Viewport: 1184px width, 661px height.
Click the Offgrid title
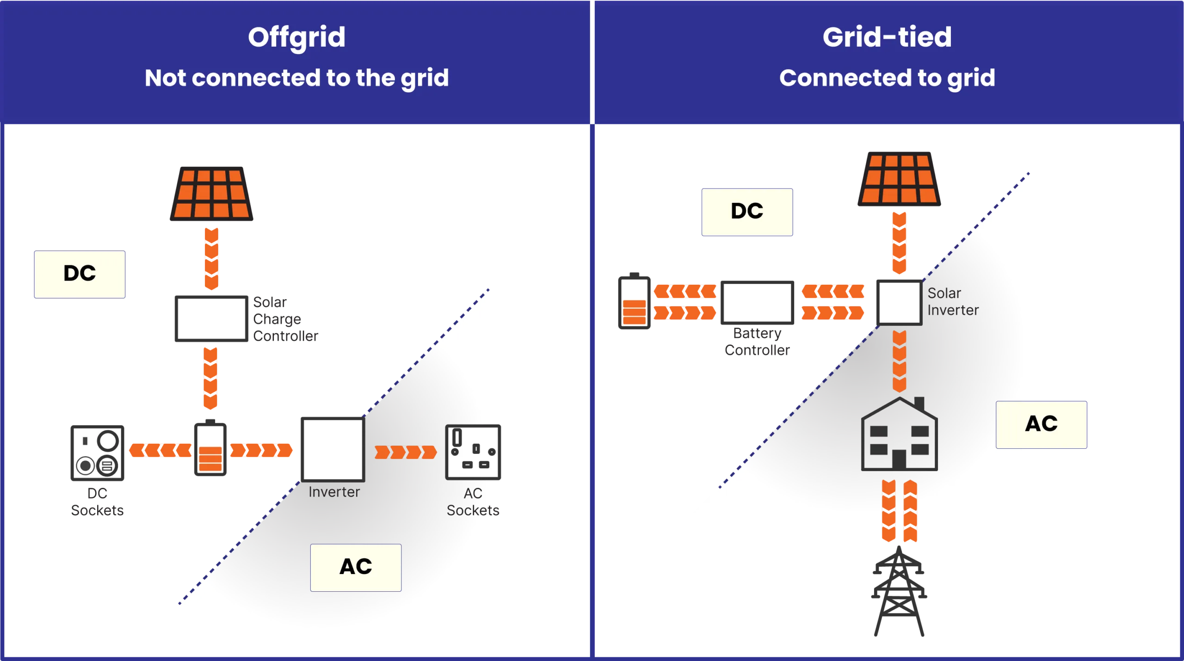coord(296,37)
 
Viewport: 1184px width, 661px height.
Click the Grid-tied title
coord(887,37)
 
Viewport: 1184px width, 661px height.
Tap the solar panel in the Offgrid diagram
coord(211,192)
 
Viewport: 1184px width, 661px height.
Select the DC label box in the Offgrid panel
coord(80,274)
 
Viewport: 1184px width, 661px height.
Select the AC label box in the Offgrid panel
coord(356,567)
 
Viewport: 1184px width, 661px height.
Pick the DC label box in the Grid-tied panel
coord(747,211)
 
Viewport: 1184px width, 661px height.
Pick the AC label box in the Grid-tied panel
coord(1041,424)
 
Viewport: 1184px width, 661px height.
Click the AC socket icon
coord(474,452)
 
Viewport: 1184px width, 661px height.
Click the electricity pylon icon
coord(899,594)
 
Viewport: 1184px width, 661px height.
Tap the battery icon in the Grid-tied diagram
coord(634,302)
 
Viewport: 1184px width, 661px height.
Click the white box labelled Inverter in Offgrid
coord(333,449)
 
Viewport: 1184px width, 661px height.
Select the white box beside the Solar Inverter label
coord(899,302)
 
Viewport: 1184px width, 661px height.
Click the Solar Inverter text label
coord(953,302)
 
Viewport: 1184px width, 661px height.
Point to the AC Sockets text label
coord(473,502)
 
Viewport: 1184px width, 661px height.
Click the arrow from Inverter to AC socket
coord(405,452)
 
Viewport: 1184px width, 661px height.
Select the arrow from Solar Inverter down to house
coord(899,361)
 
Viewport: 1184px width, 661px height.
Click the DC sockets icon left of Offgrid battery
coord(98,453)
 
